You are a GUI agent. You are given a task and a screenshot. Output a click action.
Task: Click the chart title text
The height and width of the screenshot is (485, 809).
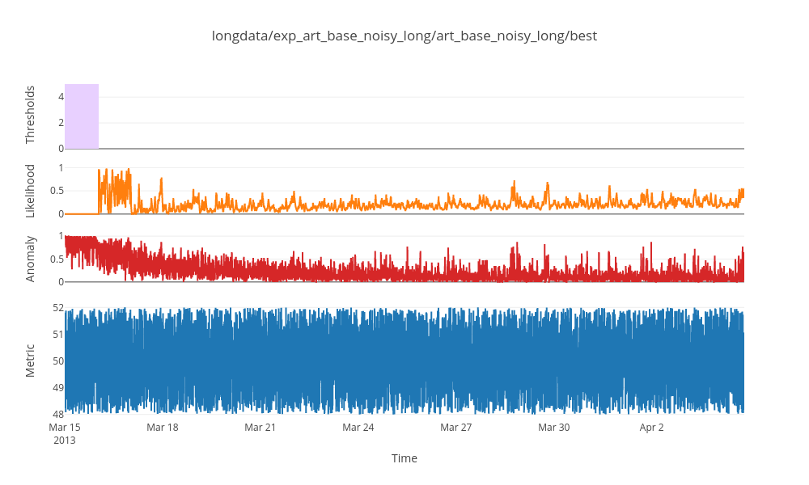[x=404, y=36]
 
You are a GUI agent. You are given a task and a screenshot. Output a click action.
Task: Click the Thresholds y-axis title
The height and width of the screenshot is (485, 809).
[x=31, y=115]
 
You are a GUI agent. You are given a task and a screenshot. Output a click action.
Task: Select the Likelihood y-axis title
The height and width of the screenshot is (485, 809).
[x=31, y=191]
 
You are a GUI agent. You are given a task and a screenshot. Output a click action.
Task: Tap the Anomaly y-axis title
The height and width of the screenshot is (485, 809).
[x=31, y=259]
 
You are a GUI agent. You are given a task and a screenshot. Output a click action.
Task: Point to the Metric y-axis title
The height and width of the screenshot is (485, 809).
[x=31, y=361]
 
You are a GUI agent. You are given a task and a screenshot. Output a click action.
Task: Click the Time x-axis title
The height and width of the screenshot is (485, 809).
[x=404, y=458]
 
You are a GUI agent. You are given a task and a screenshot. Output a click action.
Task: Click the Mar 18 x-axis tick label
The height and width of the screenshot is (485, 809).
[x=163, y=427]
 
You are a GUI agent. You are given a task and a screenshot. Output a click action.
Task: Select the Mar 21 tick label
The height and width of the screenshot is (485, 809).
[x=260, y=427]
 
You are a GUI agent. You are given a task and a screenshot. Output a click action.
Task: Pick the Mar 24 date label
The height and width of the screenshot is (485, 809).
[x=358, y=427]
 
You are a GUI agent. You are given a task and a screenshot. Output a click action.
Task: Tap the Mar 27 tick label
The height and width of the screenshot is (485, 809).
[x=456, y=427]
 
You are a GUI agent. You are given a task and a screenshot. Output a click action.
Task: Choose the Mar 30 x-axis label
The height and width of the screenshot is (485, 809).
[x=554, y=427]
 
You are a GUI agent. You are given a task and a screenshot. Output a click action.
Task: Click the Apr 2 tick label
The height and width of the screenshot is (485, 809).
[x=652, y=427]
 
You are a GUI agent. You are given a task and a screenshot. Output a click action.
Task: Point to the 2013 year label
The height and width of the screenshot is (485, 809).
[x=65, y=441]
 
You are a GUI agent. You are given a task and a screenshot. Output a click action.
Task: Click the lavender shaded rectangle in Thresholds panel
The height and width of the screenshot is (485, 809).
[x=82, y=116]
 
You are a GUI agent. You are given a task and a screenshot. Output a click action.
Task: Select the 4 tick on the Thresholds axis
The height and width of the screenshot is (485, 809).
[x=60, y=97]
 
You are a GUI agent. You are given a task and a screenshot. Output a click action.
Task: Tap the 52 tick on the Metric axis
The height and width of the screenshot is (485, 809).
[x=57, y=308]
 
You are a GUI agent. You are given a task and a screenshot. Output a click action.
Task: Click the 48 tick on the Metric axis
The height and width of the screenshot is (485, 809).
[x=57, y=414]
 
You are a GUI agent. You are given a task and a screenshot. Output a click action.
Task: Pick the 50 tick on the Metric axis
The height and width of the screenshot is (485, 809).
[x=57, y=361]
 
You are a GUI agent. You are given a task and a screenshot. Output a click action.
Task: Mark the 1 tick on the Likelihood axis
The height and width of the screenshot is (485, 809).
[x=60, y=168]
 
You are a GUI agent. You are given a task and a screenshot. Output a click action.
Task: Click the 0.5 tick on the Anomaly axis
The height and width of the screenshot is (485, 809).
[x=56, y=259]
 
